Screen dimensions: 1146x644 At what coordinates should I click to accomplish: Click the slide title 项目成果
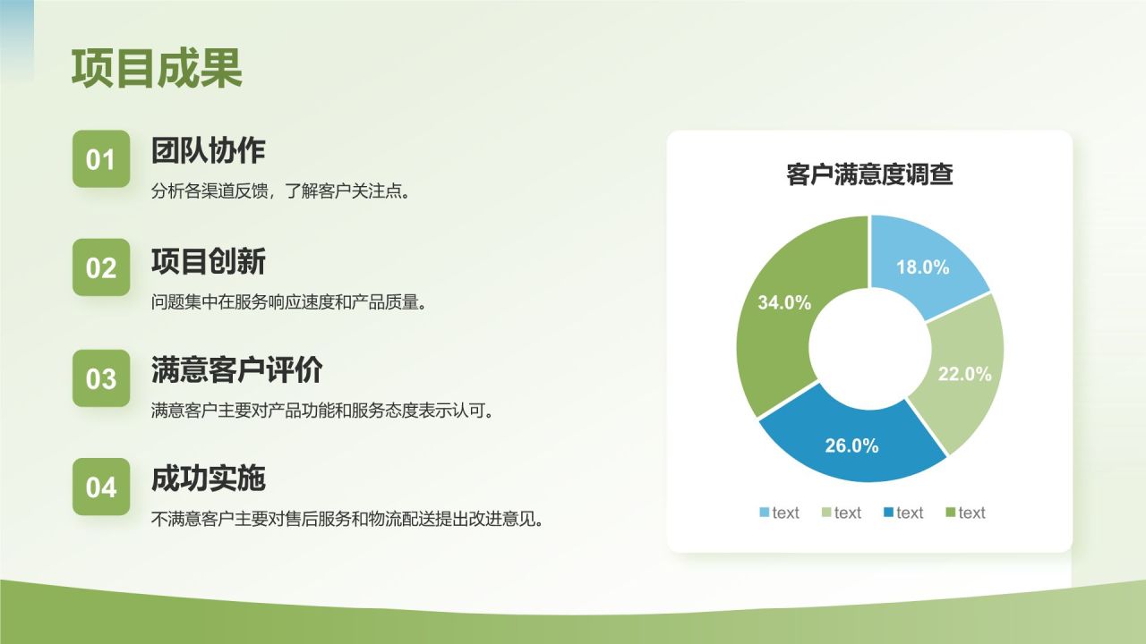coord(157,69)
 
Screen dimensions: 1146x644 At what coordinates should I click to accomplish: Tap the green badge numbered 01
coord(101,158)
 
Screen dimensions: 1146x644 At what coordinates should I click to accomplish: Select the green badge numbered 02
coord(101,267)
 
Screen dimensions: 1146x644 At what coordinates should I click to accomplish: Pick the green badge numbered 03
coord(101,378)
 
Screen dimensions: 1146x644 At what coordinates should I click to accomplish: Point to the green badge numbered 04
coord(101,487)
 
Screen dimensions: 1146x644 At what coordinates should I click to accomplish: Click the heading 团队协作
coord(209,150)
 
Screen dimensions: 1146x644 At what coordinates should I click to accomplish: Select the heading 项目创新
coord(209,261)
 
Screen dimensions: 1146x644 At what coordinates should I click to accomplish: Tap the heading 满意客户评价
coord(237,369)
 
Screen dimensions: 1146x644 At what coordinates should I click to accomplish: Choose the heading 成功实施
coord(209,479)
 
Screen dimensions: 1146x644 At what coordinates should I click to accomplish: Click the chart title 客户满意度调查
coord(869,174)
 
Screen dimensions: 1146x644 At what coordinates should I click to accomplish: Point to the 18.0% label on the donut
coord(922,267)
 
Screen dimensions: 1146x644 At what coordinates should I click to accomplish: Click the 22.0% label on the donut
coord(964,374)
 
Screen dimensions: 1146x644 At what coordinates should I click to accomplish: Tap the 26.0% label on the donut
coord(851,445)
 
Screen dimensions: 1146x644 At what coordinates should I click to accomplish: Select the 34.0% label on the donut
coord(784,302)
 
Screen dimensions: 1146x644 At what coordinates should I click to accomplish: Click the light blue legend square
coord(765,513)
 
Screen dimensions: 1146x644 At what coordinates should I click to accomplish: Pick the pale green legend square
coord(826,513)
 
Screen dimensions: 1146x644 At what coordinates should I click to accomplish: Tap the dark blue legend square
coord(888,513)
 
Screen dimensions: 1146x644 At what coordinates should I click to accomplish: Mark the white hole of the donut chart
coord(869,349)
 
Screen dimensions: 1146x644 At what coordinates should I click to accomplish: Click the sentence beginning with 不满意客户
coord(346,520)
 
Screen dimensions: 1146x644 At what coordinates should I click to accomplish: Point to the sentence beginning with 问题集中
coord(288,302)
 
